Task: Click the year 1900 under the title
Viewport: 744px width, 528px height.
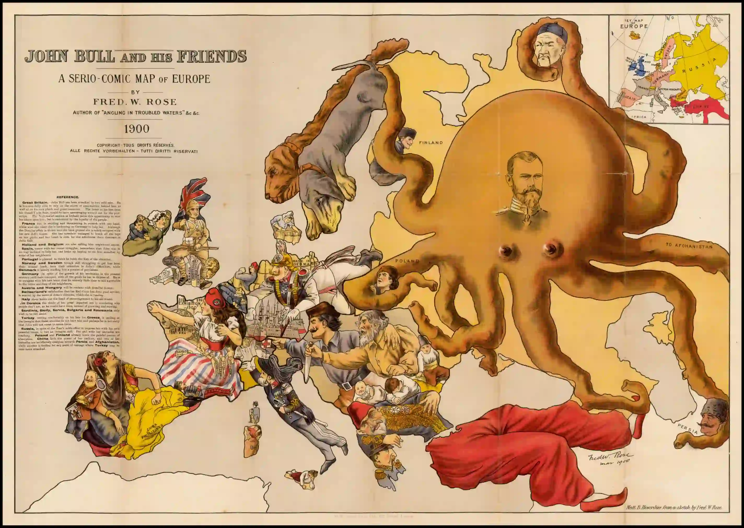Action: click(x=137, y=129)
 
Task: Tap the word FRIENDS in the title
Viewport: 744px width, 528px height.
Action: click(x=212, y=56)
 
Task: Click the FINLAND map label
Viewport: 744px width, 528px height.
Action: click(x=431, y=143)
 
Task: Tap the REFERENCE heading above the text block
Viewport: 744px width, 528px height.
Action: click(x=68, y=197)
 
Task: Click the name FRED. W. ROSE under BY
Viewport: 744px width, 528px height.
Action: click(x=135, y=102)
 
